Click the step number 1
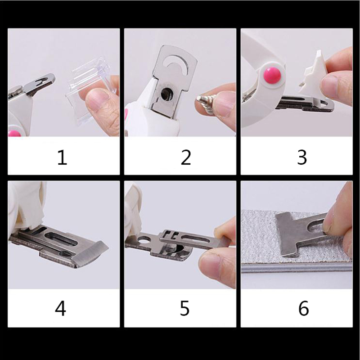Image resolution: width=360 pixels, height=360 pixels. point(62,157)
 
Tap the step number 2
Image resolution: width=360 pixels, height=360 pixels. point(186,157)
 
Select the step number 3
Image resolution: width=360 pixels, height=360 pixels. point(302,157)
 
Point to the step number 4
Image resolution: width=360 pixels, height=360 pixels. point(61,308)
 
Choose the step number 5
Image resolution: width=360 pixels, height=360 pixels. point(184,308)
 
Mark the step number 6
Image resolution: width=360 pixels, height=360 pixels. point(303,308)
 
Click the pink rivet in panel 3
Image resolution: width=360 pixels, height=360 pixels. point(272,75)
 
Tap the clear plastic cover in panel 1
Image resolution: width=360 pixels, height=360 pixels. point(90,90)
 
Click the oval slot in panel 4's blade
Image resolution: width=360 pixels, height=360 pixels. point(61,239)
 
